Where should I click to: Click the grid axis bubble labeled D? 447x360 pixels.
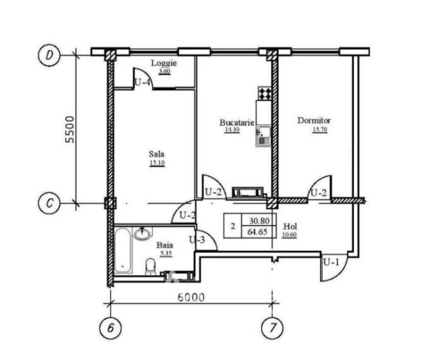(x=49, y=55)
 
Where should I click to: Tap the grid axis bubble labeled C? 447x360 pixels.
(x=49, y=203)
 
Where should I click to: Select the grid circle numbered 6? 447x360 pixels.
(x=110, y=328)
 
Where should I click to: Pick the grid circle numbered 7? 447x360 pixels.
(x=272, y=328)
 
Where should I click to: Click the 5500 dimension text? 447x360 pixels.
(x=70, y=129)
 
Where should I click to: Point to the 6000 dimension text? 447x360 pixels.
(x=191, y=297)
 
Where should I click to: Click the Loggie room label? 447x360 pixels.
(x=164, y=63)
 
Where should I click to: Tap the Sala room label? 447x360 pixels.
(x=157, y=154)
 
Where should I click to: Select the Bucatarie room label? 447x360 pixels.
(x=236, y=123)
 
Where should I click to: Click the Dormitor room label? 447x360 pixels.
(x=314, y=121)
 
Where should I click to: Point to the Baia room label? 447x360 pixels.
(x=165, y=245)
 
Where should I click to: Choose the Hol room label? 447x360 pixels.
(x=290, y=227)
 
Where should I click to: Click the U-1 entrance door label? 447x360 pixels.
(x=331, y=262)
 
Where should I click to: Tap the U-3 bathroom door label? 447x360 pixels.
(x=197, y=240)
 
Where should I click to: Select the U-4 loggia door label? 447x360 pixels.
(x=142, y=83)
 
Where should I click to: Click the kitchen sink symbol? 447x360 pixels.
(x=263, y=136)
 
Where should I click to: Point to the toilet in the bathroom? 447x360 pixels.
(x=150, y=267)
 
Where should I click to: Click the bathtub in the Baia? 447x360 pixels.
(x=123, y=250)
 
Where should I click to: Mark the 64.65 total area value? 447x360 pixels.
(x=257, y=232)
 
